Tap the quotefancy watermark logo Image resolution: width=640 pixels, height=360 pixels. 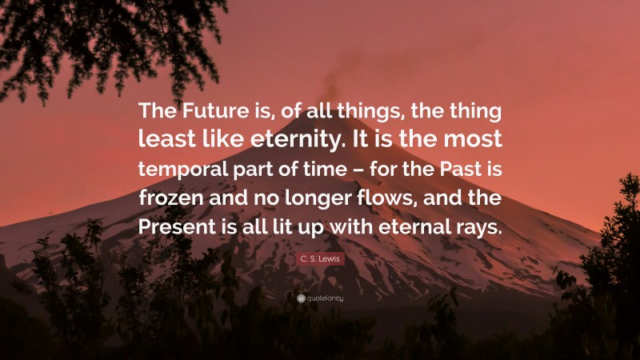tap(320, 298)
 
